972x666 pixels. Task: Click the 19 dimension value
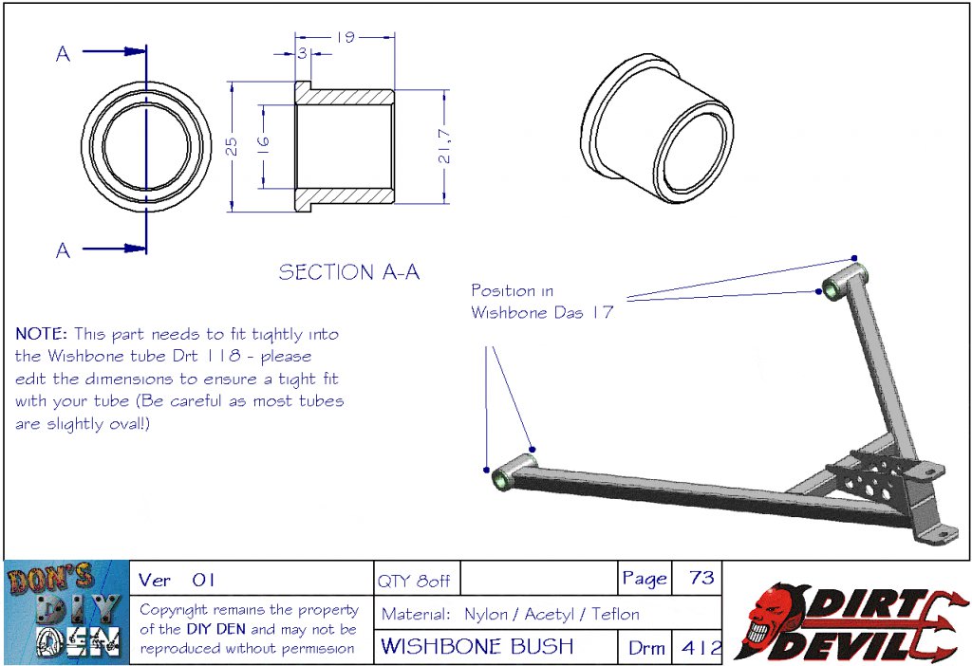coord(346,37)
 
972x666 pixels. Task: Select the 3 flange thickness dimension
coord(302,53)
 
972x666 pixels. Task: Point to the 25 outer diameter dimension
coord(232,146)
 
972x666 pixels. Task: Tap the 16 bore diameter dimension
coord(264,143)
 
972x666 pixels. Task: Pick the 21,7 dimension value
coord(444,146)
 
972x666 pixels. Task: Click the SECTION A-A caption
coord(349,272)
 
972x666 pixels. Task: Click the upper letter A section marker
coord(63,54)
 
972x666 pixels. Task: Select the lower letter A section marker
coord(63,250)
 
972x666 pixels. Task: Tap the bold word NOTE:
coord(41,334)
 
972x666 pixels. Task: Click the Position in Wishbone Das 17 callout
coord(542,301)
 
